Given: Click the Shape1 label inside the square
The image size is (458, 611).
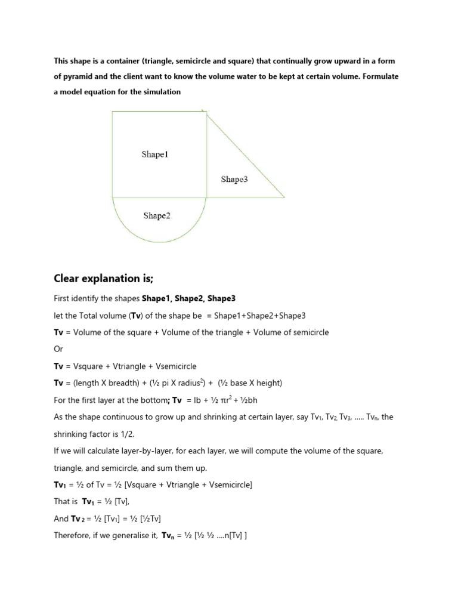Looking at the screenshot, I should coord(155,155).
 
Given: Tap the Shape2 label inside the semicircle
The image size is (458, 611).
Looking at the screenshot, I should coord(157,216).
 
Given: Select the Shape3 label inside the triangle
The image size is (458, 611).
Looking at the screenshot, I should coord(234,179).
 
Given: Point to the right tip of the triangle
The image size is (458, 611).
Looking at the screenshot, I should coord(284,197).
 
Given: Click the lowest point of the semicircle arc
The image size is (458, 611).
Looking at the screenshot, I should coord(159,242).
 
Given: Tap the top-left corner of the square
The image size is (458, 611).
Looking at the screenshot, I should coord(113,112).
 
